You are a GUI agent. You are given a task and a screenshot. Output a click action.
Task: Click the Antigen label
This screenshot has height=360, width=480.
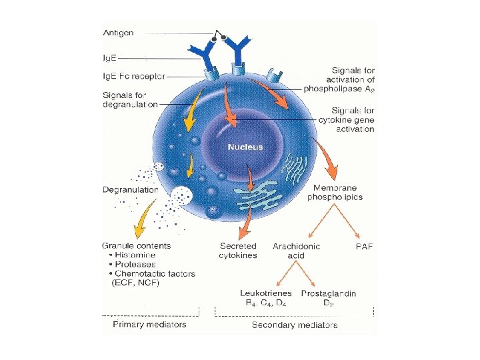117,32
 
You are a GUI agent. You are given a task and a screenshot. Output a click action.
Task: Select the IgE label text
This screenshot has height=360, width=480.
109,58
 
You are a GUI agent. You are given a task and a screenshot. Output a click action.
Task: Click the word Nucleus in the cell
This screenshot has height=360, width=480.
245,147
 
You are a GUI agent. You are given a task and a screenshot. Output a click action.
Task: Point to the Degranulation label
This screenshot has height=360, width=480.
131,190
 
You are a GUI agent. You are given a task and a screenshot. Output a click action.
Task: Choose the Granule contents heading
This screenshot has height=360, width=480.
136,245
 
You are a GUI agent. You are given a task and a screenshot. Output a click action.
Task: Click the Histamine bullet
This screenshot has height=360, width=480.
133,255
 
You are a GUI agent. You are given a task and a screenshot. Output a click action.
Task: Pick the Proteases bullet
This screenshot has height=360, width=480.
133,264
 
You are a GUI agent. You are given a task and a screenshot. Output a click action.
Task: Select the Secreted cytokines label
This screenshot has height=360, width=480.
238,251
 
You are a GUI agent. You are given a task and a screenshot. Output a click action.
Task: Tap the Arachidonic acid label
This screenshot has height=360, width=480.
296,251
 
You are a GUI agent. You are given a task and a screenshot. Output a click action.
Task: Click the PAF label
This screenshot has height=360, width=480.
364,247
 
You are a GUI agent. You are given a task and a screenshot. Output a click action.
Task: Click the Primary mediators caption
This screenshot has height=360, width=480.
149,325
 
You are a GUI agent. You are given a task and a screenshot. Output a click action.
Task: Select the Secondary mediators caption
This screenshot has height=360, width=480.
295,325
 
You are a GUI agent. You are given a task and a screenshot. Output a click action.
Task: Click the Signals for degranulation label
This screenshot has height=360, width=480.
130,99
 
